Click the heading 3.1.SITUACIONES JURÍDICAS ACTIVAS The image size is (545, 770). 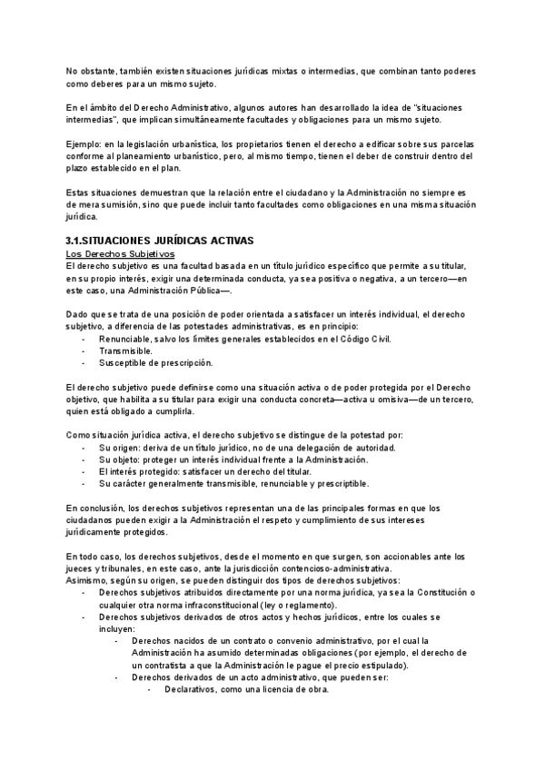(x=160, y=240)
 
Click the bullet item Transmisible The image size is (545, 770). (x=125, y=350)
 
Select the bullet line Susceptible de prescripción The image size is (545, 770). (x=155, y=363)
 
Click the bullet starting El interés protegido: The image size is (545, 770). (x=212, y=472)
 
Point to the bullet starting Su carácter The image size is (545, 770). (x=233, y=485)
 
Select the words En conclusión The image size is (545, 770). (x=96, y=508)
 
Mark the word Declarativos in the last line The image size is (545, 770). (x=193, y=689)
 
